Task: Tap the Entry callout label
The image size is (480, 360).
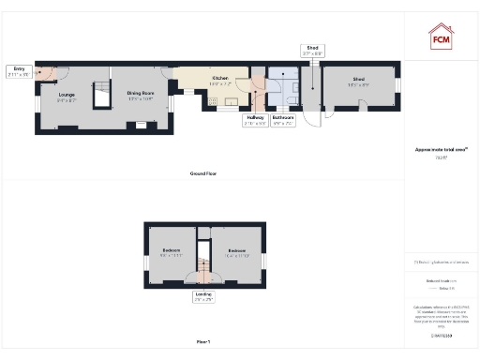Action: [x=19, y=71]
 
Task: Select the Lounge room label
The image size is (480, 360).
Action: [x=67, y=97]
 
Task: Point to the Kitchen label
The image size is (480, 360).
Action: [x=220, y=80]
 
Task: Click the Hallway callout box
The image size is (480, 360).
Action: [x=255, y=120]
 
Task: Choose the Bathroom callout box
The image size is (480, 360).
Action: [x=283, y=120]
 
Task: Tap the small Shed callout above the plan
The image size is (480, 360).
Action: [x=312, y=52]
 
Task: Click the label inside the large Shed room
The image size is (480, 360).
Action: [x=359, y=82]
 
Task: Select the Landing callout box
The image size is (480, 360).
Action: [x=203, y=296]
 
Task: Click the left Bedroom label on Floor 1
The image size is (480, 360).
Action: [x=171, y=253]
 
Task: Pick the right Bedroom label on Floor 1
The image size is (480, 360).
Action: [x=236, y=253]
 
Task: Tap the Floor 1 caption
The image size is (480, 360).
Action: [x=203, y=341]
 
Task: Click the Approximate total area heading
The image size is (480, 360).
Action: [x=441, y=149]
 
